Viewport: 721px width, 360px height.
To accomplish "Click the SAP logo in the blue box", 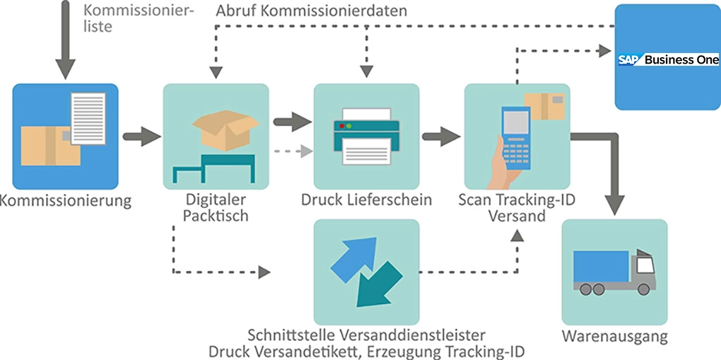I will click(629, 60).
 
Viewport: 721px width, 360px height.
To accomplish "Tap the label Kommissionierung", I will click(66, 200).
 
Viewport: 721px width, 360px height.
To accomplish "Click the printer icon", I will click(366, 136).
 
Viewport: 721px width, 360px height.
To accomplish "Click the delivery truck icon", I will click(614, 272).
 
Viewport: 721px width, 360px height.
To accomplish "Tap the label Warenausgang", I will click(614, 336).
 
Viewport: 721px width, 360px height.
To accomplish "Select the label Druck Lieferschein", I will click(366, 200).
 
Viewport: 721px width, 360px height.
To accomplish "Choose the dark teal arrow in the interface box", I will click(378, 287).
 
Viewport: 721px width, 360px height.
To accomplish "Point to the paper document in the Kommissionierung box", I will click(87, 118).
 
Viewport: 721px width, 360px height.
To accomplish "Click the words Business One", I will click(681, 60).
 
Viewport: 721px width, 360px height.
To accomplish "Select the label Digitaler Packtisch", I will click(216, 207).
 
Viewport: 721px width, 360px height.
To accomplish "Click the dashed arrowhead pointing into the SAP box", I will click(604, 50).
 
